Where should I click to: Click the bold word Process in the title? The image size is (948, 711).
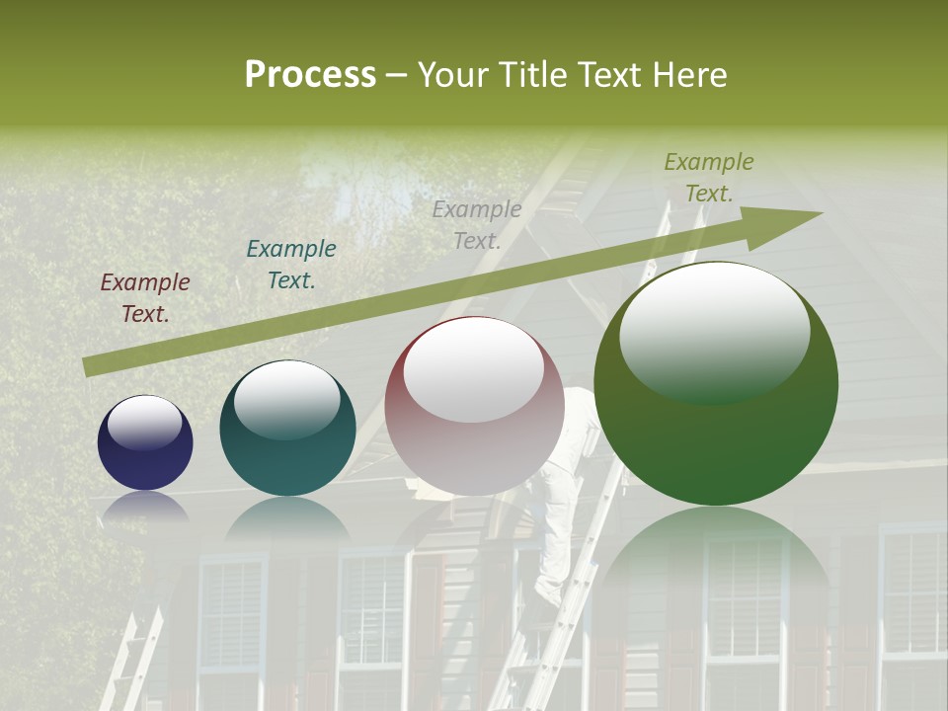pyautogui.click(x=310, y=75)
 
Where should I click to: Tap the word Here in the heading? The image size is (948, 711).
pyautogui.click(x=688, y=75)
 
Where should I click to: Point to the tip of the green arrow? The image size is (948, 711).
pyautogui.click(x=820, y=213)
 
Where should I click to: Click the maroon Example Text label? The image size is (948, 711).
pyautogui.click(x=145, y=298)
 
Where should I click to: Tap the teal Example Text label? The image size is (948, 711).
pyautogui.click(x=291, y=265)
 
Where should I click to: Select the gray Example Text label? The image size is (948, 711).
pyautogui.click(x=477, y=224)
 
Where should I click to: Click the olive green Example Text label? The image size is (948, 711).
pyautogui.click(x=709, y=178)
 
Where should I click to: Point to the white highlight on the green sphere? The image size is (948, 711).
pyautogui.click(x=714, y=333)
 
